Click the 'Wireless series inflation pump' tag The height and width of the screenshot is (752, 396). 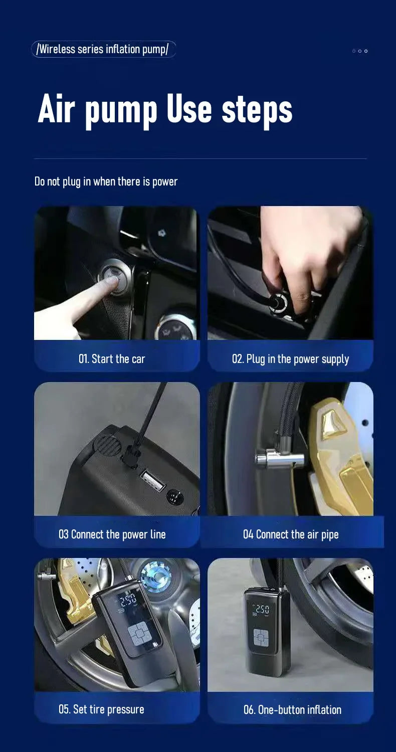point(103,49)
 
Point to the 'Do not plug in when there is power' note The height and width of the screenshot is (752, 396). point(106,181)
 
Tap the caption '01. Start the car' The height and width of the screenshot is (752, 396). point(112,359)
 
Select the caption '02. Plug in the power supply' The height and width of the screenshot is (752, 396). point(290,359)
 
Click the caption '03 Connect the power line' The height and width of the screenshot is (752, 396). point(112,534)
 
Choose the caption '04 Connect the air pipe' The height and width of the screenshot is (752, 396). point(291,534)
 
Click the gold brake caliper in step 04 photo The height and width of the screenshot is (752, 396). point(341,451)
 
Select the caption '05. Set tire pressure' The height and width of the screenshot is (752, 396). point(101,709)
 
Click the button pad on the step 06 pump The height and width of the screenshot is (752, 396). point(260,638)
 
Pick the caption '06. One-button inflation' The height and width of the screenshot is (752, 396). point(292,710)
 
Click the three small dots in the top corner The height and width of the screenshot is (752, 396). point(359,51)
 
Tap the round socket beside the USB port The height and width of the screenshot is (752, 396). point(174,497)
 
